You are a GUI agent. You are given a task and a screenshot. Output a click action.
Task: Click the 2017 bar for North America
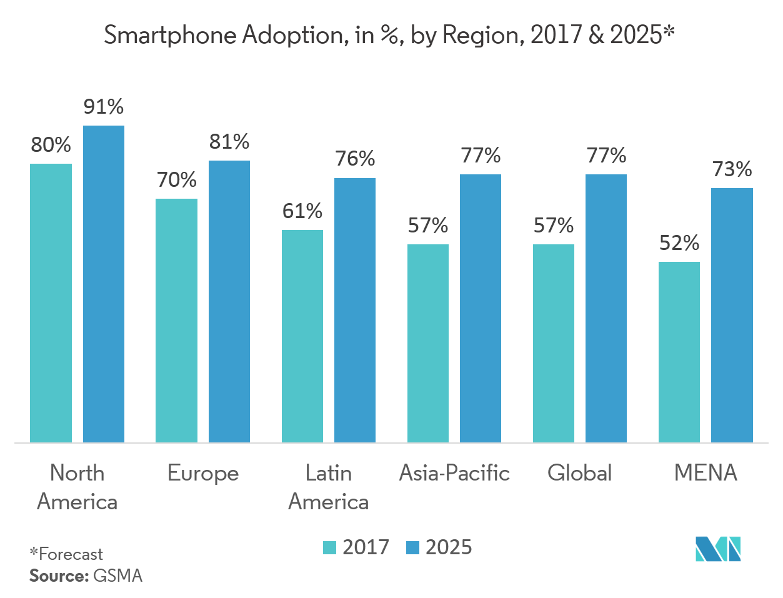coord(51,303)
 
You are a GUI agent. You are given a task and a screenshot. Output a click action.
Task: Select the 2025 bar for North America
coord(104,284)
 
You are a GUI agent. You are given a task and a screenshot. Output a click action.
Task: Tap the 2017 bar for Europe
coord(177,321)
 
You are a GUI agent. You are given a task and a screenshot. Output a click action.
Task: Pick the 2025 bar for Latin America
coord(355,311)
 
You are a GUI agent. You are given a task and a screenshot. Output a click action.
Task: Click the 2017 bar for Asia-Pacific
coord(428,343)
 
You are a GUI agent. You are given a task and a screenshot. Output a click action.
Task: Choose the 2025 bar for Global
coord(606,309)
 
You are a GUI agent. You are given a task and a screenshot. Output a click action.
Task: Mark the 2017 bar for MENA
coord(679,352)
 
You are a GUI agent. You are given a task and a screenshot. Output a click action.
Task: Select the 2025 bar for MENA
coord(732,316)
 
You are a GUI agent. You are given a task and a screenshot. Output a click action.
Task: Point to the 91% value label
coord(104,107)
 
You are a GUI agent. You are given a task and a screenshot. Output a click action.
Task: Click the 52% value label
coord(679,243)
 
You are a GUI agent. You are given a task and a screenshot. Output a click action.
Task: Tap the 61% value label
coord(302,212)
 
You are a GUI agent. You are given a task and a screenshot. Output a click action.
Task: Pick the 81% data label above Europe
coord(229,142)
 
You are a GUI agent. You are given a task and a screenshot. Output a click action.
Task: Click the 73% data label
coord(732,169)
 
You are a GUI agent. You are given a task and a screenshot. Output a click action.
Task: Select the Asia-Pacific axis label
coord(454,473)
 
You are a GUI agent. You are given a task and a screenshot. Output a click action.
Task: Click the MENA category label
coord(706,473)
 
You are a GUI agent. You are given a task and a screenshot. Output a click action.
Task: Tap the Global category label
coord(580,473)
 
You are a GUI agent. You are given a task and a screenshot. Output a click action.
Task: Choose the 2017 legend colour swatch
coord(329,548)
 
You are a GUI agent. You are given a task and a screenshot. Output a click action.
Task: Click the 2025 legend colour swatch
coord(412,548)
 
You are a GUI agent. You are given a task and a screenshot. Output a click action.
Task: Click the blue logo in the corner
coord(718,549)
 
